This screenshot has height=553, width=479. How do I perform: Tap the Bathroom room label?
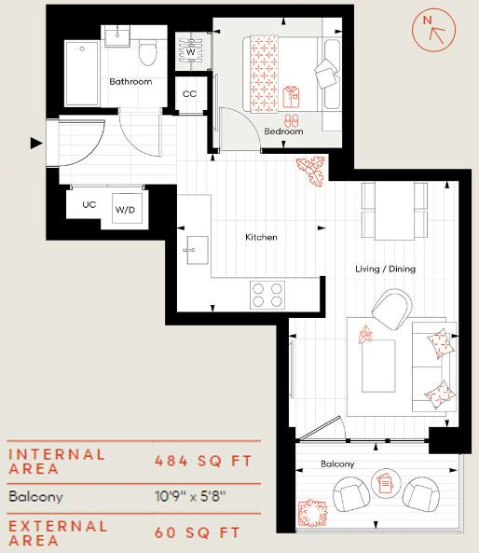pos(130,82)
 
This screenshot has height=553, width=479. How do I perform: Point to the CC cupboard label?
pos(189,94)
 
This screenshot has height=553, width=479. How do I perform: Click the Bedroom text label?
pos(283,131)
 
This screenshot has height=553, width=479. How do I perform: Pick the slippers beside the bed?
pos(291,120)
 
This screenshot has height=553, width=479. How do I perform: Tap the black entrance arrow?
pos(36,143)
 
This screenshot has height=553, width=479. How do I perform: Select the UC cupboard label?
pos(89,204)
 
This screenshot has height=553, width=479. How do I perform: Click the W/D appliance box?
pos(125,210)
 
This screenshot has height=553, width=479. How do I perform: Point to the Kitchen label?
pos(261,238)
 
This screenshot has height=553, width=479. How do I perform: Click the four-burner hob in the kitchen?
pos(268,294)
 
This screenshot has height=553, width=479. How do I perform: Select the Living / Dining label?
pos(385,269)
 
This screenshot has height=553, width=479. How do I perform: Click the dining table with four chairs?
pos(394,210)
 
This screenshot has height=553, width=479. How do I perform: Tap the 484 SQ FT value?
pos(202,462)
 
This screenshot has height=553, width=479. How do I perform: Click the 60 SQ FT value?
pos(196,532)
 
